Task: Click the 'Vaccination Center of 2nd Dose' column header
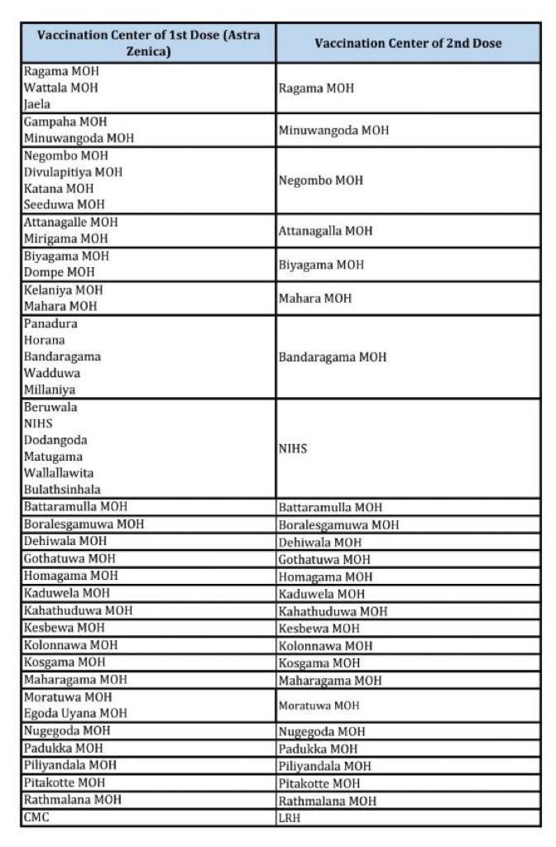coord(408,44)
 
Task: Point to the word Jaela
coord(38,104)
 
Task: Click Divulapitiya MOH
coord(73,172)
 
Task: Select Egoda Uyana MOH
coord(75,713)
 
